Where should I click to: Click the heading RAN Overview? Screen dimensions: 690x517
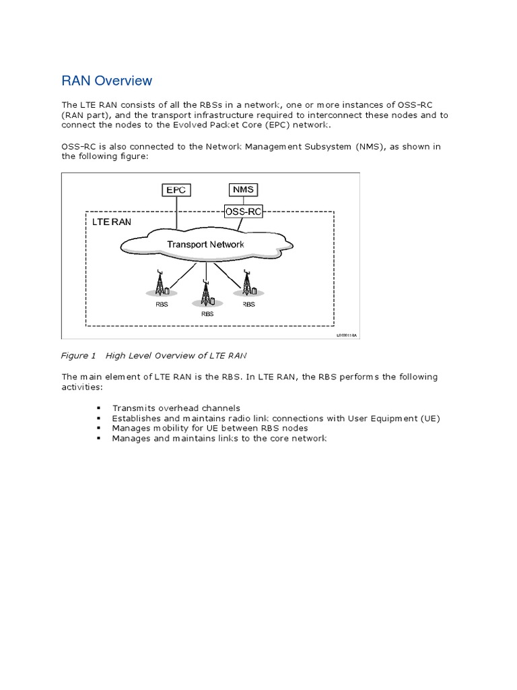click(107, 81)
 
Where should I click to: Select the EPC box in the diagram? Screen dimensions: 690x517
click(176, 190)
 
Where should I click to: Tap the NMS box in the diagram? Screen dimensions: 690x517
click(243, 189)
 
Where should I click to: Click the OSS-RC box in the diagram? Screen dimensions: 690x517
click(244, 212)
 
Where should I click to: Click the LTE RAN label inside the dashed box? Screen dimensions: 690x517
click(112, 222)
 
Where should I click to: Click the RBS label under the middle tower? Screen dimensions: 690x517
click(207, 313)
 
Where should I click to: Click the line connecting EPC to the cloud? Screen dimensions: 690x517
click(176, 212)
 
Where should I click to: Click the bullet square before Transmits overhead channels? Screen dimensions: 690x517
click(99, 408)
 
